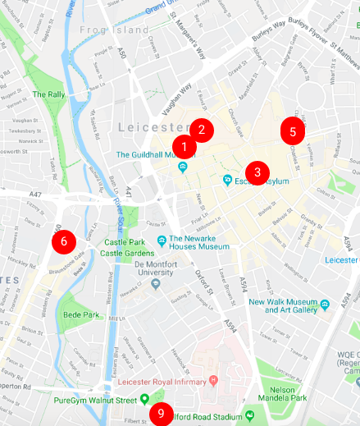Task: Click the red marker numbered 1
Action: tap(184, 147)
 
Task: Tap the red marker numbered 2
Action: tap(202, 129)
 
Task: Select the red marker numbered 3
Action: tap(257, 172)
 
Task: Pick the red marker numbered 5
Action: tap(293, 130)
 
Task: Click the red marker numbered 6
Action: tap(64, 241)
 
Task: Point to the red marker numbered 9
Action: tap(162, 415)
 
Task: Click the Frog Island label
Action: tap(103, 30)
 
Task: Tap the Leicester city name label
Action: tap(153, 127)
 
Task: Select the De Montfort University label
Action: tap(162, 269)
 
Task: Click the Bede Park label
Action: tap(80, 314)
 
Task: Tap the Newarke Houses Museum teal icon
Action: tap(162, 240)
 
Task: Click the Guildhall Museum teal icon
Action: tap(182, 167)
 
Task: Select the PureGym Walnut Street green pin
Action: tap(145, 400)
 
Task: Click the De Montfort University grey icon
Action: tap(156, 284)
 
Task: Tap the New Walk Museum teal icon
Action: tap(326, 305)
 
